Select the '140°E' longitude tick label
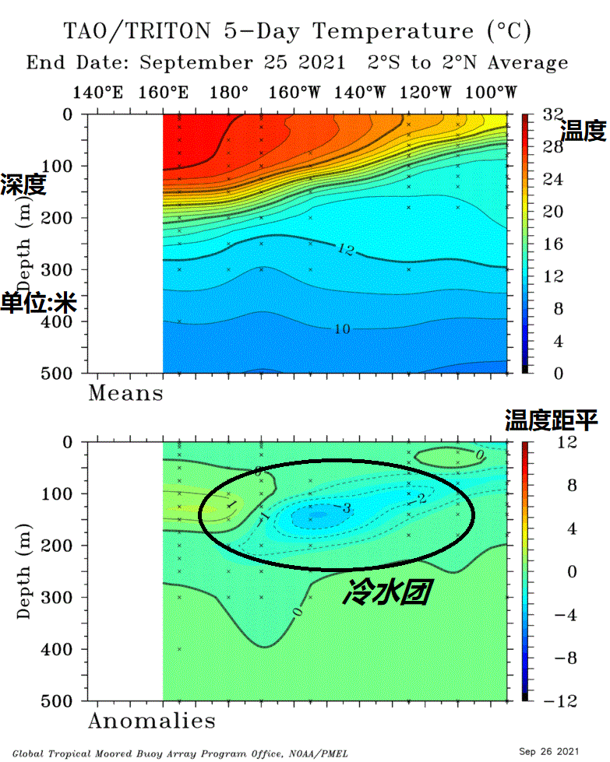(97, 93)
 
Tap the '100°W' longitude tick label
(492, 93)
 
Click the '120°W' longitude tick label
(425, 93)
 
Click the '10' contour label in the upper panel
(341, 329)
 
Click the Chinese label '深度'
(23, 185)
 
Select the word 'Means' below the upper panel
(125, 393)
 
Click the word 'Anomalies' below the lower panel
(151, 721)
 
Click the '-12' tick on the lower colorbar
(554, 701)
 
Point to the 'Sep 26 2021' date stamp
(549, 751)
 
